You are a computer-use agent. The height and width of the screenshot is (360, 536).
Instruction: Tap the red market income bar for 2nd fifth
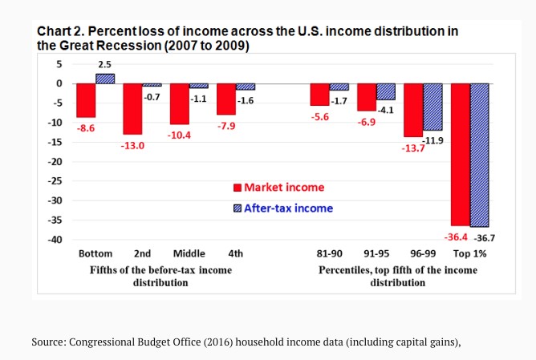tap(132, 109)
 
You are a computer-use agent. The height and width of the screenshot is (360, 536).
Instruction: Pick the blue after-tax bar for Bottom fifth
tap(105, 79)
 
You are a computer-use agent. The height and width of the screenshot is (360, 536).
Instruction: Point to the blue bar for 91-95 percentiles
tap(386, 91)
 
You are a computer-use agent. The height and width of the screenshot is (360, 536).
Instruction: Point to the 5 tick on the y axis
tap(59, 63)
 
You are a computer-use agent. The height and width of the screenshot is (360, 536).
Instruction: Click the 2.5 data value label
tap(105, 63)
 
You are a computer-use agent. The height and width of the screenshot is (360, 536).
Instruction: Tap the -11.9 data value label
tap(435, 140)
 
